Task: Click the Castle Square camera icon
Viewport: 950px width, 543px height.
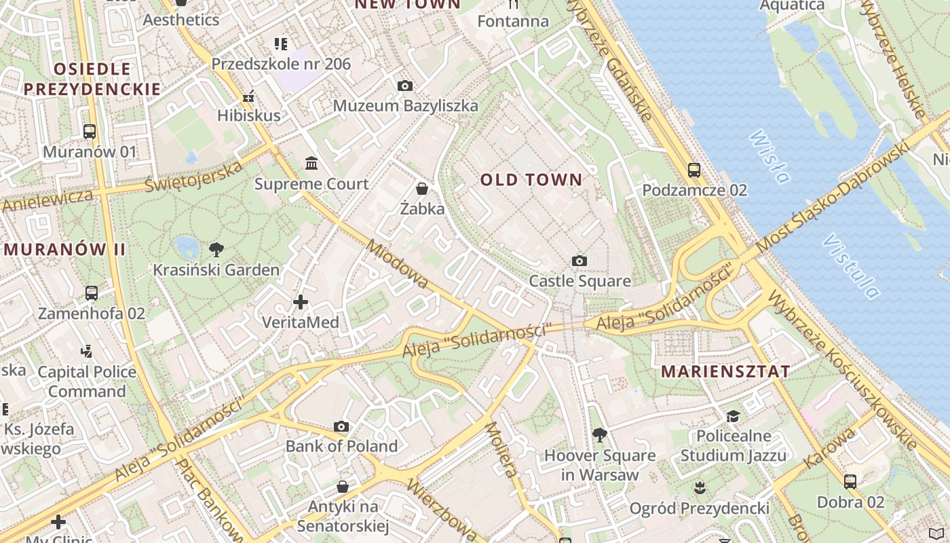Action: tap(579, 261)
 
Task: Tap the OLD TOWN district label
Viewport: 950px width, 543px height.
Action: tap(531, 180)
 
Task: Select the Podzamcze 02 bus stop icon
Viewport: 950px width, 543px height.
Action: tap(693, 170)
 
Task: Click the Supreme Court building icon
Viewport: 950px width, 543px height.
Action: tap(311, 163)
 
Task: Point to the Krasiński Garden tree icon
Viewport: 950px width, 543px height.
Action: tap(216, 249)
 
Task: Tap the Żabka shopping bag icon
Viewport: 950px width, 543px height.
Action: tap(422, 188)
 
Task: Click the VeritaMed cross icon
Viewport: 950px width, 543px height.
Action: tap(301, 302)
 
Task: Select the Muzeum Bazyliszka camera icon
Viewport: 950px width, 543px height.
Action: tap(405, 86)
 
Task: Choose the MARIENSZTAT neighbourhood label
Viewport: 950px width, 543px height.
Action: tap(725, 371)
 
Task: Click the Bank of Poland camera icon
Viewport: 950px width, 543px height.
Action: tap(341, 426)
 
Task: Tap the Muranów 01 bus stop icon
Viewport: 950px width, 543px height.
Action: tap(90, 131)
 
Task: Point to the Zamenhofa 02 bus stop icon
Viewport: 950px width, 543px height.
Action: tap(92, 293)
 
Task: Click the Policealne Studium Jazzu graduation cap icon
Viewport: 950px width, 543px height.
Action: tap(733, 415)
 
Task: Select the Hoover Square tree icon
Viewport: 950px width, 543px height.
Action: tap(599, 434)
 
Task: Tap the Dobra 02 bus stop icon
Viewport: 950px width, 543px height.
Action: tap(850, 482)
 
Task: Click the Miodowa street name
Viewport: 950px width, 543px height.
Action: tap(398, 263)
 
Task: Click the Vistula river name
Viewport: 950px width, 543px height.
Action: tap(851, 267)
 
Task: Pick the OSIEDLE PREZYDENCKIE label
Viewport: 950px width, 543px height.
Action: tap(92, 79)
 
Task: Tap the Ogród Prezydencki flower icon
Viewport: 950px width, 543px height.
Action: tap(700, 487)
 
